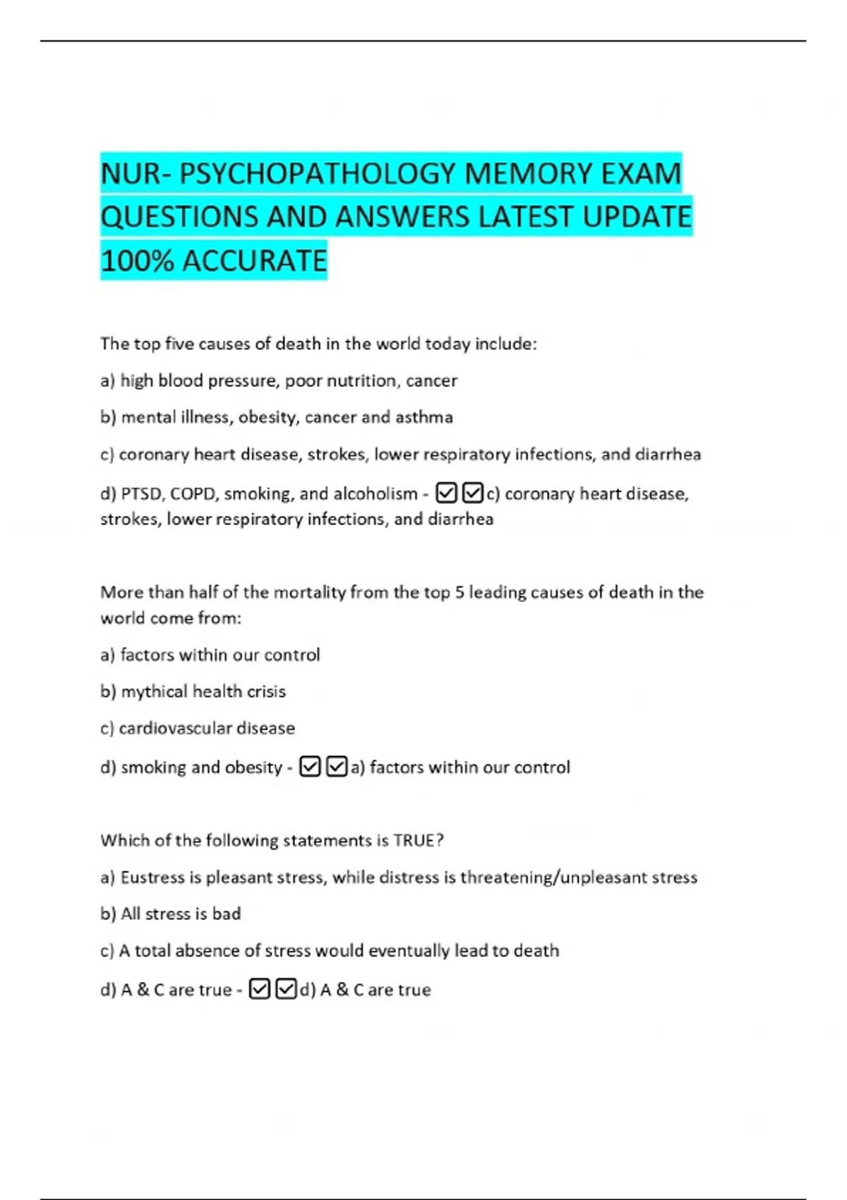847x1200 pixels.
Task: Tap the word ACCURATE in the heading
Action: pyautogui.click(x=255, y=261)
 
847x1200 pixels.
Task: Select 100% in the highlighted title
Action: pyautogui.click(x=137, y=261)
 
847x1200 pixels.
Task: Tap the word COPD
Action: pyautogui.click(x=193, y=493)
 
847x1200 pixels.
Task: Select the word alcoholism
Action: pyautogui.click(x=375, y=493)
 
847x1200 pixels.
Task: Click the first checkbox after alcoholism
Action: pyautogui.click(x=446, y=493)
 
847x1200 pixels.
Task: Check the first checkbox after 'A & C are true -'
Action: pyautogui.click(x=259, y=989)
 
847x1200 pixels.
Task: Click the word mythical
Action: pyautogui.click(x=154, y=691)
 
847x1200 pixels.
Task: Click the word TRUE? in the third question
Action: pyautogui.click(x=419, y=840)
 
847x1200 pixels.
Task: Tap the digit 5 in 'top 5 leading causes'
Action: pyautogui.click(x=459, y=592)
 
